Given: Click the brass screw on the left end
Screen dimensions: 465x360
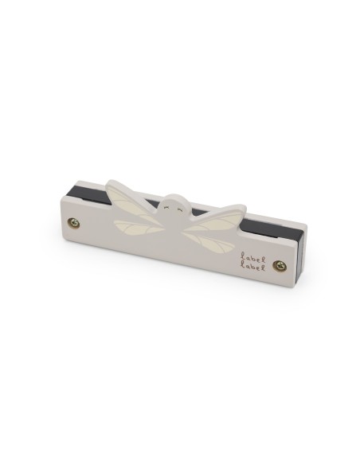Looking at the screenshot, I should click(x=75, y=224).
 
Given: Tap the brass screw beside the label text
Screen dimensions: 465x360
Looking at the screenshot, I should click(x=278, y=265).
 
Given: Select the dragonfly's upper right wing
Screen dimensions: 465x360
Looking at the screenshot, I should click(x=222, y=219).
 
